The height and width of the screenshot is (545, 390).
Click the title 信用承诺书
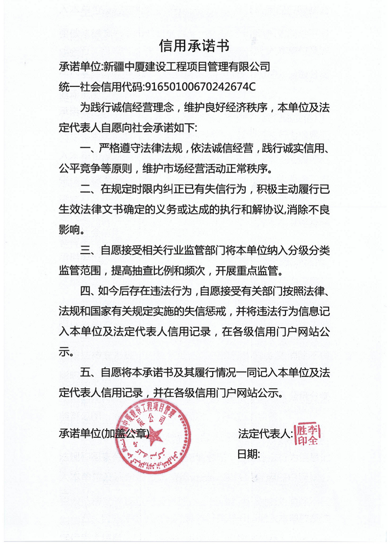pos(195,45)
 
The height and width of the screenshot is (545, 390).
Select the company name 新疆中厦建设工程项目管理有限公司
pos(187,66)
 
